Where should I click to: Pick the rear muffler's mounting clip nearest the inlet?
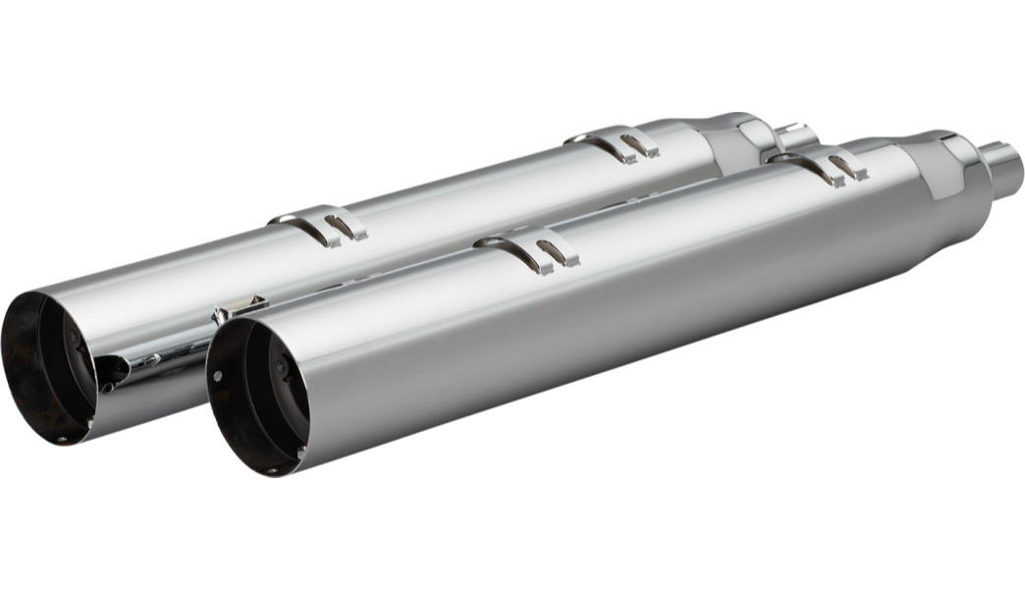625,143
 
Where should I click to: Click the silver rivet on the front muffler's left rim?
217,376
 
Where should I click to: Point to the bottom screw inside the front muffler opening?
273,471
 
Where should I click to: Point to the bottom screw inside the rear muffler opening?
62,440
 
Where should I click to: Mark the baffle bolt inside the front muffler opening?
280,365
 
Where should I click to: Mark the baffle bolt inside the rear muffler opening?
75,336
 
